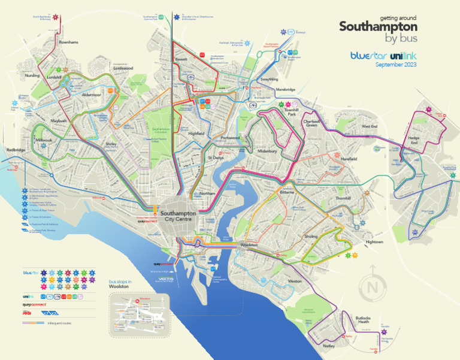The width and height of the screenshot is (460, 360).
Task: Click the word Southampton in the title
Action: point(378,28)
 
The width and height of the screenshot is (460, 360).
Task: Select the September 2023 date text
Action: point(395,65)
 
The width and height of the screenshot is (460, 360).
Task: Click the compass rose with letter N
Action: point(373,288)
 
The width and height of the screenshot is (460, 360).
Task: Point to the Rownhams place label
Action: point(69,43)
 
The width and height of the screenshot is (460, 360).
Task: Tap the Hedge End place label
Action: point(413,140)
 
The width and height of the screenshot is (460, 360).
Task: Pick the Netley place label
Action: point(329,347)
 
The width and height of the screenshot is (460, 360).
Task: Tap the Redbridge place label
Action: point(16,150)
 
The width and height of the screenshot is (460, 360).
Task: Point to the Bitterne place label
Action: point(289,193)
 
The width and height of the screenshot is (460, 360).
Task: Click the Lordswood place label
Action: point(123,68)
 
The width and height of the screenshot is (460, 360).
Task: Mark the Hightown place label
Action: point(374,242)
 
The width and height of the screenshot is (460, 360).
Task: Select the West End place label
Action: point(370,126)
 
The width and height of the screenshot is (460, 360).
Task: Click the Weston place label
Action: point(295,281)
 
